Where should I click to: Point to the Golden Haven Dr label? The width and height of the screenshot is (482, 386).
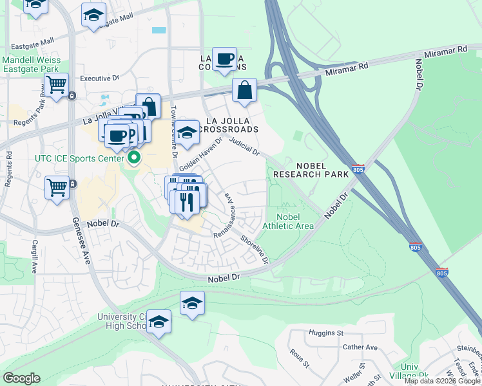[200, 154]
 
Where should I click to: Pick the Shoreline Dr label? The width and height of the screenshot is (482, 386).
[254, 248]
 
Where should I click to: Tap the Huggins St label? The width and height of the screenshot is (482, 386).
[325, 333]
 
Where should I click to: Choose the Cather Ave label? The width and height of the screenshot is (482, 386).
[360, 347]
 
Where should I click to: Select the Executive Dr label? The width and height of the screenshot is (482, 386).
[99, 78]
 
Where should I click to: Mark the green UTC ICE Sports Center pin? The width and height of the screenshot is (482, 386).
[135, 158]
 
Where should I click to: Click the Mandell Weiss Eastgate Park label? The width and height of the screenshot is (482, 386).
[31, 64]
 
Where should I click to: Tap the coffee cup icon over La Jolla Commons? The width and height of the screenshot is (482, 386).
[225, 59]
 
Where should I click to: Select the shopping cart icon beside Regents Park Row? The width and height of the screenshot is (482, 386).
[57, 84]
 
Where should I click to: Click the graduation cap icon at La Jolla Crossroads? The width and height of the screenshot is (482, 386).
[188, 132]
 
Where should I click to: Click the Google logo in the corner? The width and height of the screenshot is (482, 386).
[21, 378]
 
